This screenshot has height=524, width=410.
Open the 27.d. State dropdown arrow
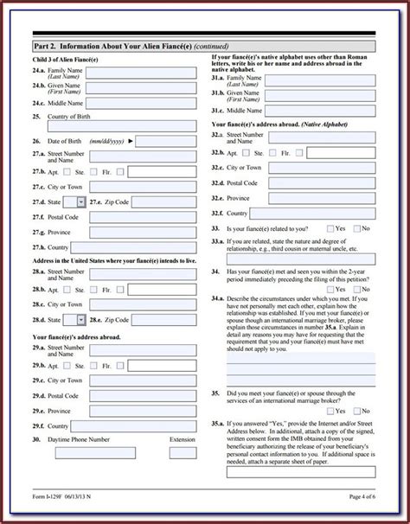[x=81, y=201]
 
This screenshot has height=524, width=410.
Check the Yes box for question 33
[x=331, y=228]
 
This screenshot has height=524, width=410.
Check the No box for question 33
[x=356, y=228]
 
